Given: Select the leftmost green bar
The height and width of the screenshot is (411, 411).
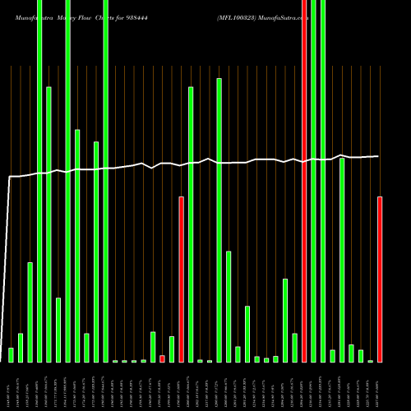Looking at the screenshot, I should point(11,354).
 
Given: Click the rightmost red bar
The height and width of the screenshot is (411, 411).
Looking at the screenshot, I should point(380,279).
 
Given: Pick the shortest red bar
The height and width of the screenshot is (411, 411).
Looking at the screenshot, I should point(162,358).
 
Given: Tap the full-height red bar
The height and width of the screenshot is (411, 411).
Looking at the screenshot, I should point(304,181).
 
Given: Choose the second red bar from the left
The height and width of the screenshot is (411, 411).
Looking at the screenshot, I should point(181,279).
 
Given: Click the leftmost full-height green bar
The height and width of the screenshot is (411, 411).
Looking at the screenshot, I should point(39,181).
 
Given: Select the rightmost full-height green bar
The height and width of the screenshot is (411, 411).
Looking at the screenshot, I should point(323,181).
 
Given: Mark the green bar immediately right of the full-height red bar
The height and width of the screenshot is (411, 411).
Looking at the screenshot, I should point(313,181).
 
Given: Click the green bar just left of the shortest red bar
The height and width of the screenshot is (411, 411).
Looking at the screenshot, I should point(153,346).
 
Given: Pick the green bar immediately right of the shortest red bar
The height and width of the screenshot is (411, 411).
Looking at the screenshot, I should point(172,349).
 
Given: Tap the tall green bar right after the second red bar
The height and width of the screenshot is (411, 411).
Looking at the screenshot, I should point(191,224).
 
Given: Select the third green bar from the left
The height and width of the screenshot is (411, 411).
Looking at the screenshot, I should point(30,312).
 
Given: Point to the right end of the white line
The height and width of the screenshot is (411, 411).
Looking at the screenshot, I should point(378,155).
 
